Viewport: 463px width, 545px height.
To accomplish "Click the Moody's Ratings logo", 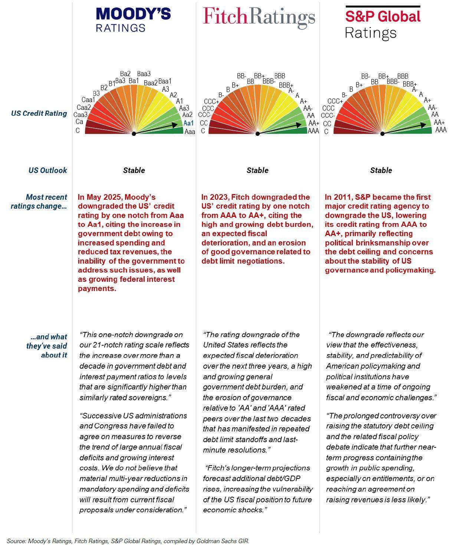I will click(133, 20).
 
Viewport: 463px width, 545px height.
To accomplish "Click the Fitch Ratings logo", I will click(259, 17).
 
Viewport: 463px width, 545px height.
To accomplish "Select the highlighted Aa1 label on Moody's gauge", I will click(188, 123).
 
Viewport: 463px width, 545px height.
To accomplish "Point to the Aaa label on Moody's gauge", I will click(190, 132).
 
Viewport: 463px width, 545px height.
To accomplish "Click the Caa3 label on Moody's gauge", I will click(81, 115).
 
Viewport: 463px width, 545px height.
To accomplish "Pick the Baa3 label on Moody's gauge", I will click(144, 74).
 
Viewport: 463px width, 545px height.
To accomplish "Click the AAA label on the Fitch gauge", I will click(313, 131).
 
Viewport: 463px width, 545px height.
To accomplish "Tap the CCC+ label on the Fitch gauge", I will click(211, 101).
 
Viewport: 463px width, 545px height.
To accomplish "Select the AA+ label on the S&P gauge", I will click(439, 123).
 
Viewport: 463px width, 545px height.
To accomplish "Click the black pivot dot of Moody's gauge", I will click(134, 134).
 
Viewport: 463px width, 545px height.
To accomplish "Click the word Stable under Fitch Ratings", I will click(257, 170).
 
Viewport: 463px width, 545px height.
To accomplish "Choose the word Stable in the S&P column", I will click(381, 170).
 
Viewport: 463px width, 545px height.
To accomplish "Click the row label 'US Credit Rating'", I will click(39, 114).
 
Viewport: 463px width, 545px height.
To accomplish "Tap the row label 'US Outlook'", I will click(48, 170).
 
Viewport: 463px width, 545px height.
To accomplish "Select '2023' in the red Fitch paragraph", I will click(219, 197).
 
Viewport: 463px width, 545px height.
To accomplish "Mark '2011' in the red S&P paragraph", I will click(342, 197).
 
